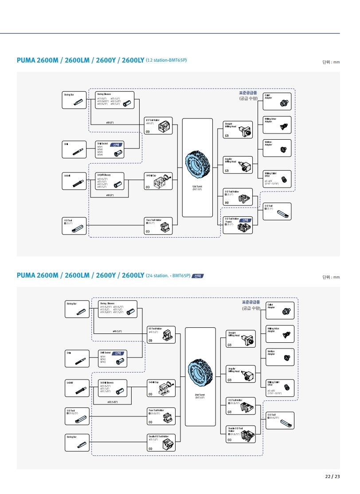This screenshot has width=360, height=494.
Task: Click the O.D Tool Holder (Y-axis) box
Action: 237,225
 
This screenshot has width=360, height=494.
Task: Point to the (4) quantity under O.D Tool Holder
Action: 227,203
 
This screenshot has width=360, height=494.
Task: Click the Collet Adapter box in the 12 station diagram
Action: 277,102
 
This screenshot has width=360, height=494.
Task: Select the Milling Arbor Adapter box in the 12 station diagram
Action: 277,125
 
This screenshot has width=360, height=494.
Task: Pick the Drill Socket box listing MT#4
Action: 111,149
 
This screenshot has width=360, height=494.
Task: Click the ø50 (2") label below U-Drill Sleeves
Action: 110,195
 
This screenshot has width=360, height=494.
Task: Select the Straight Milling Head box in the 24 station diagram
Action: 241,338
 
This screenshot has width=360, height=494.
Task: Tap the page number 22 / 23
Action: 332,477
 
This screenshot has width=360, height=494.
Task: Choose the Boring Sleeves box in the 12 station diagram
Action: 115,101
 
